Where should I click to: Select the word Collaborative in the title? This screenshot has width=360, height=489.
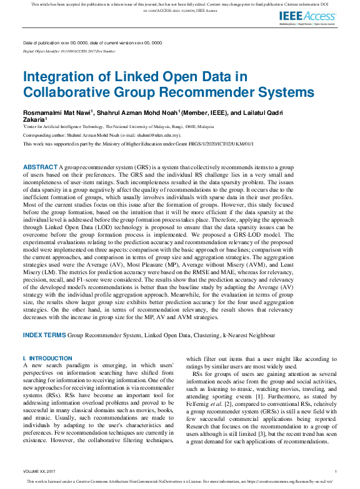tap(65, 92)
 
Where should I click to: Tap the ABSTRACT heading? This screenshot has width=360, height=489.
tap(40, 168)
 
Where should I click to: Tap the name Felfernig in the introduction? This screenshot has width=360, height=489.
tap(199, 411)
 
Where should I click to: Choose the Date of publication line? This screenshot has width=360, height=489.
tap(92, 42)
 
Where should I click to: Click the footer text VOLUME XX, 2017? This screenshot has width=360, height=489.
tap(40, 471)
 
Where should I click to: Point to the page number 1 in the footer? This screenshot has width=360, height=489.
tap(336, 471)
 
